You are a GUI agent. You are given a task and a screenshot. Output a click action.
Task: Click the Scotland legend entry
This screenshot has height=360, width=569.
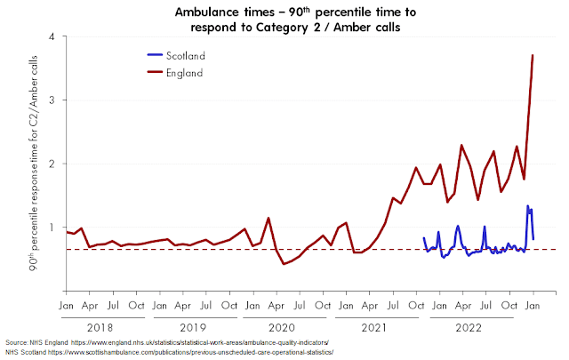[x=187, y=56]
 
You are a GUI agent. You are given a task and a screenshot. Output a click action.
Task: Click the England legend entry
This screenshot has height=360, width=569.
[x=186, y=72]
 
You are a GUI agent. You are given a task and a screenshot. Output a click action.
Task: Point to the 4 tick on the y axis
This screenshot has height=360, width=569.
[x=52, y=36]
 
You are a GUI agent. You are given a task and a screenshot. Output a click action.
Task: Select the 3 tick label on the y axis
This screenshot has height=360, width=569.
[x=52, y=100]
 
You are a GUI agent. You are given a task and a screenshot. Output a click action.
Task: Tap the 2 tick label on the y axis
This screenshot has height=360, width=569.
[x=52, y=164]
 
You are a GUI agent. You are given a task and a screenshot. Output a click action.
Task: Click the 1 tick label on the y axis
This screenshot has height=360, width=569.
[x=52, y=227]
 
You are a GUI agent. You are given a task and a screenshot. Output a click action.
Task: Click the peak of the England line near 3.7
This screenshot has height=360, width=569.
[x=533, y=55]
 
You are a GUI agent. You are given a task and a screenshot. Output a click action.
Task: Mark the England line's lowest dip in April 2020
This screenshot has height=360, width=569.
[x=284, y=264]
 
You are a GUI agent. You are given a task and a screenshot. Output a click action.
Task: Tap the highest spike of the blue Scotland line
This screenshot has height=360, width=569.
[x=528, y=206]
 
